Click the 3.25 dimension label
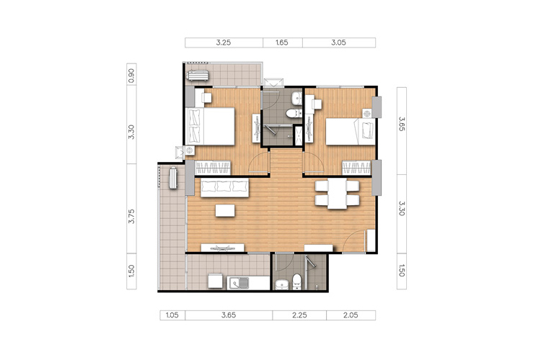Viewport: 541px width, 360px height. pos(223,42)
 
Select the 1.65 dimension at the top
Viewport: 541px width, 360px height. pos(282,42)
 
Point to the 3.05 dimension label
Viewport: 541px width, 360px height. pos(338,42)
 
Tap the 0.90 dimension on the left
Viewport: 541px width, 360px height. pos(131,76)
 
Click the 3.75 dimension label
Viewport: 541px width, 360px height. pos(131,216)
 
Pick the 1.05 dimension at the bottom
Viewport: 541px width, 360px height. pos(172,315)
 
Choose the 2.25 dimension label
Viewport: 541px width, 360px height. pos(299,315)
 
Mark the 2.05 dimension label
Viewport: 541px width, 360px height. pos(351,315)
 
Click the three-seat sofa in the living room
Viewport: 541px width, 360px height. pos(224,188)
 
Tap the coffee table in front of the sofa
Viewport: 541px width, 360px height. pos(225,210)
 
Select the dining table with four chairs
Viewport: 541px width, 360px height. pos(337,194)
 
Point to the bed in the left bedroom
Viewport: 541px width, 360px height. pos(210,126)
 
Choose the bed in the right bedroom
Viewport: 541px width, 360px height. pos(351,132)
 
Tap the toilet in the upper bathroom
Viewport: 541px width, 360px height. pos(293,113)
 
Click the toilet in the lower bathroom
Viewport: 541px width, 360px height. pos(297,282)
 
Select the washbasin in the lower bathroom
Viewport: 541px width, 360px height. pos(282,285)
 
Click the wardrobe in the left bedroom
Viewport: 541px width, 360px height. pos(213,168)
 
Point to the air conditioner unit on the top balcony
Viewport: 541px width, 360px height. pos(198,75)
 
